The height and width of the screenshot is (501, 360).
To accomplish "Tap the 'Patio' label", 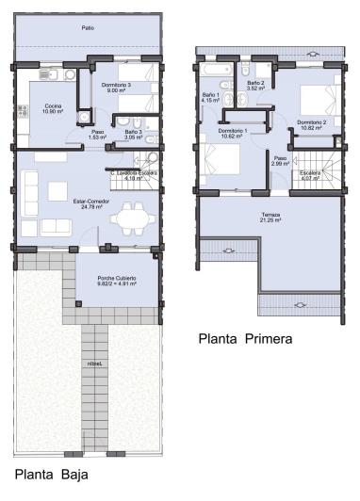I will (x=87, y=28).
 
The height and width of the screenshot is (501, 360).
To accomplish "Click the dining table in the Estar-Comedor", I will (x=126, y=219).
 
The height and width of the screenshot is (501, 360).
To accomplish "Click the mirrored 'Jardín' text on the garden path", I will (x=94, y=362).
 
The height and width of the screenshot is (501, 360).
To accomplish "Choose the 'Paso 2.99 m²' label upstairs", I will (x=279, y=161).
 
